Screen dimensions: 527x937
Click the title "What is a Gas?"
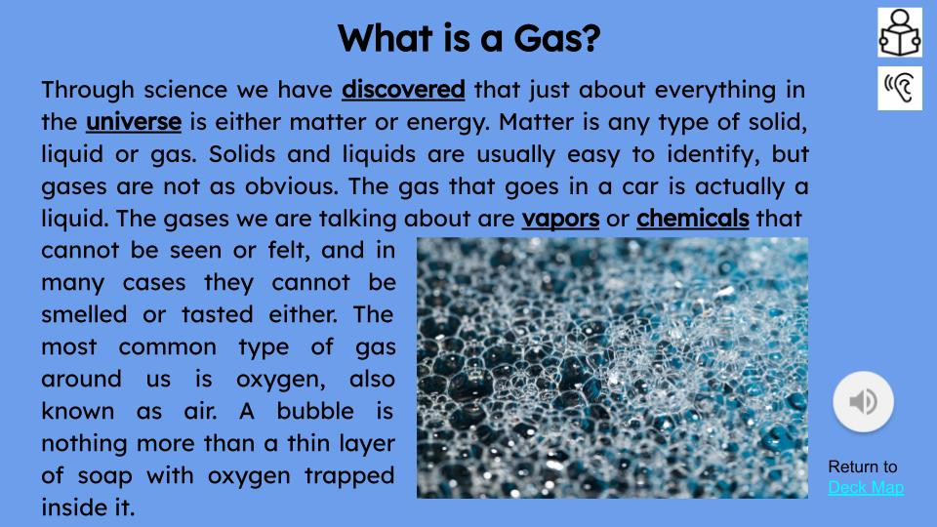tap(468, 39)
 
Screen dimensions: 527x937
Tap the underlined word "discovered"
tap(403, 90)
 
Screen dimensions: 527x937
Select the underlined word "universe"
tap(134, 123)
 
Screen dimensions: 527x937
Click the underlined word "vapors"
tap(560, 218)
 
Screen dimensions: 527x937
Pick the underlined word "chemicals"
tap(692, 218)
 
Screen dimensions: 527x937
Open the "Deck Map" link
tap(866, 487)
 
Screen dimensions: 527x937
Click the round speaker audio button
tap(863, 400)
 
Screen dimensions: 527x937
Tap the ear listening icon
tap(899, 88)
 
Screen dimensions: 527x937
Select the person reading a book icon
tap(899, 32)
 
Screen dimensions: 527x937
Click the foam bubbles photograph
tap(612, 368)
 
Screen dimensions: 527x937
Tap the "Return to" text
tap(862, 466)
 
